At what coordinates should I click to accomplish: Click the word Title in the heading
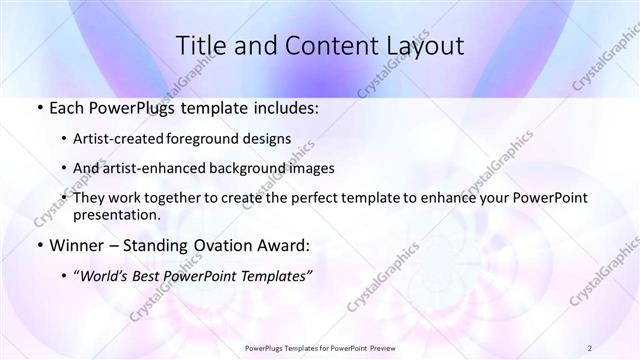[x=200, y=46]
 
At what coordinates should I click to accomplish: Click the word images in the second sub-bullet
[x=311, y=168]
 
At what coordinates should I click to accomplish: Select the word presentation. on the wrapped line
[x=115, y=215]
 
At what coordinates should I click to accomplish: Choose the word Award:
[x=285, y=246]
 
